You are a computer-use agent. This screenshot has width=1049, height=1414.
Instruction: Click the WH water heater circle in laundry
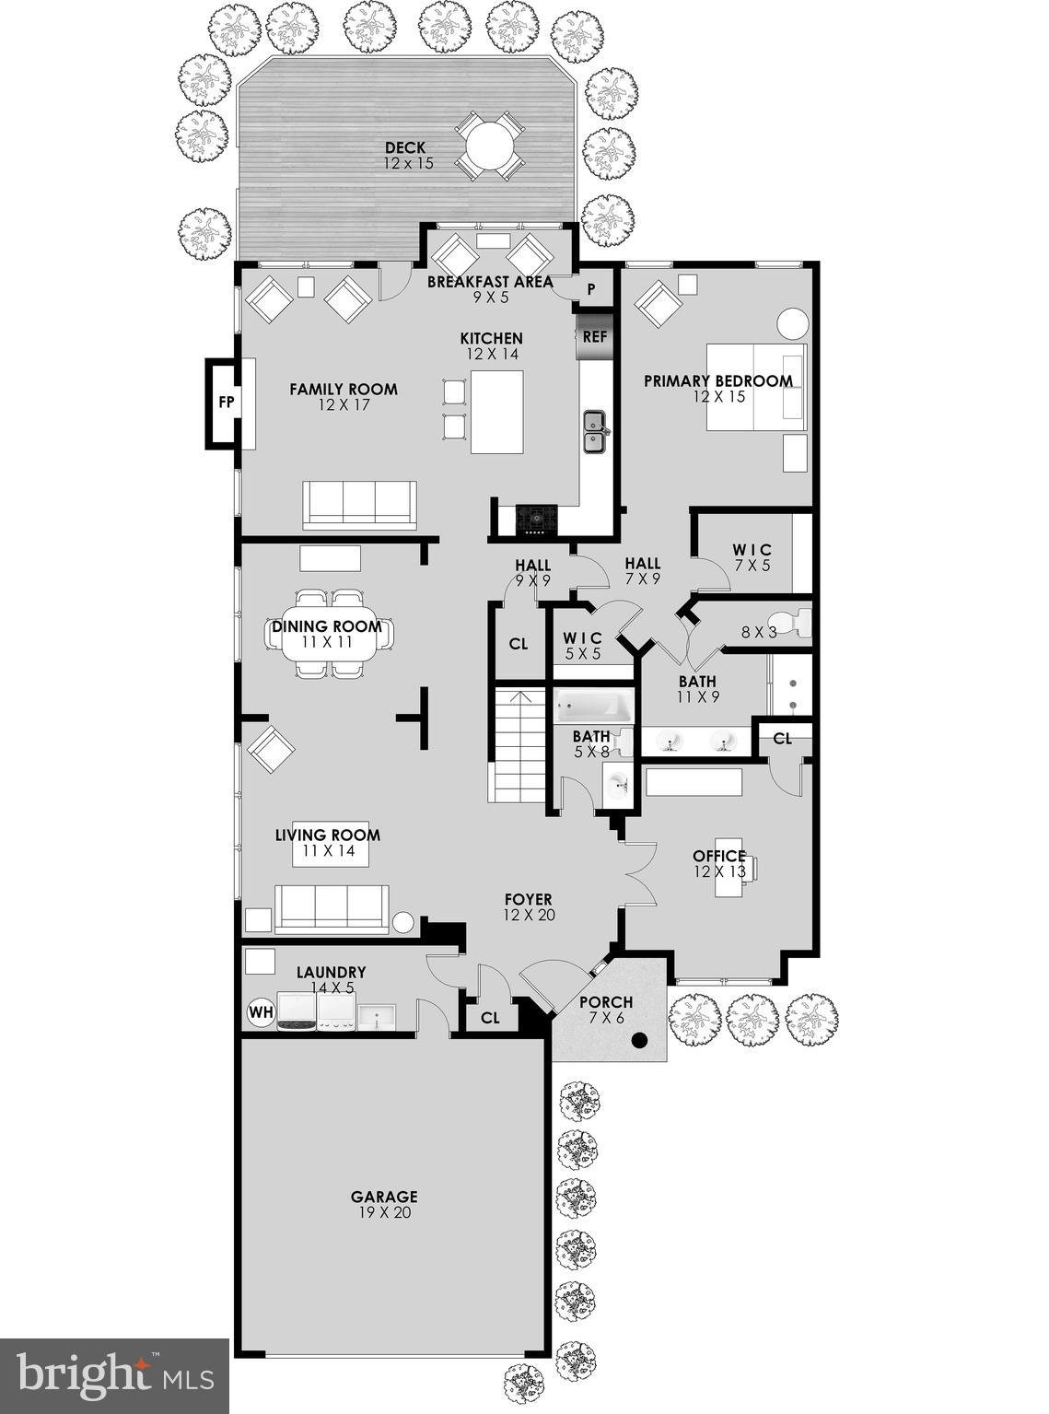click(x=262, y=1013)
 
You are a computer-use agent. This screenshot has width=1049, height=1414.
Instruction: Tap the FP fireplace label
click(x=225, y=403)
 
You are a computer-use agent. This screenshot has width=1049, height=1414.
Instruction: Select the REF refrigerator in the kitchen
click(x=594, y=337)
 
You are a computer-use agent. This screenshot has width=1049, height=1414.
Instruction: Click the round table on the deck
click(x=490, y=146)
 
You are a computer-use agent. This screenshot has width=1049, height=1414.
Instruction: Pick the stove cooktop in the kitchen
click(x=536, y=520)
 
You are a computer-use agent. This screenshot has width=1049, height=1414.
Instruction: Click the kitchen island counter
click(x=496, y=412)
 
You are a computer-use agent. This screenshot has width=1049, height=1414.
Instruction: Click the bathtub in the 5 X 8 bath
click(x=594, y=707)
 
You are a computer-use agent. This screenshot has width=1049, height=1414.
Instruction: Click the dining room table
click(x=330, y=634)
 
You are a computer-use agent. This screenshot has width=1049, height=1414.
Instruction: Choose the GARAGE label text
click(x=384, y=1197)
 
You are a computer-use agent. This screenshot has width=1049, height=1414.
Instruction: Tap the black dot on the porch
click(x=639, y=1041)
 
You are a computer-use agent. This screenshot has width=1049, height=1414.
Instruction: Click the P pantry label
click(x=591, y=289)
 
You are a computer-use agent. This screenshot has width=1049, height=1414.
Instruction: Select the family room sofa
click(x=359, y=504)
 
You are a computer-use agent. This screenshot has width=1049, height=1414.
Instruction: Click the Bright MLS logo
click(x=114, y=1375)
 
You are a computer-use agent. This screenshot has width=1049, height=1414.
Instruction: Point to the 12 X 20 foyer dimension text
click(x=528, y=916)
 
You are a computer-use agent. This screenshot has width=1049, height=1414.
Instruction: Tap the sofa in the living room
click(x=332, y=908)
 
